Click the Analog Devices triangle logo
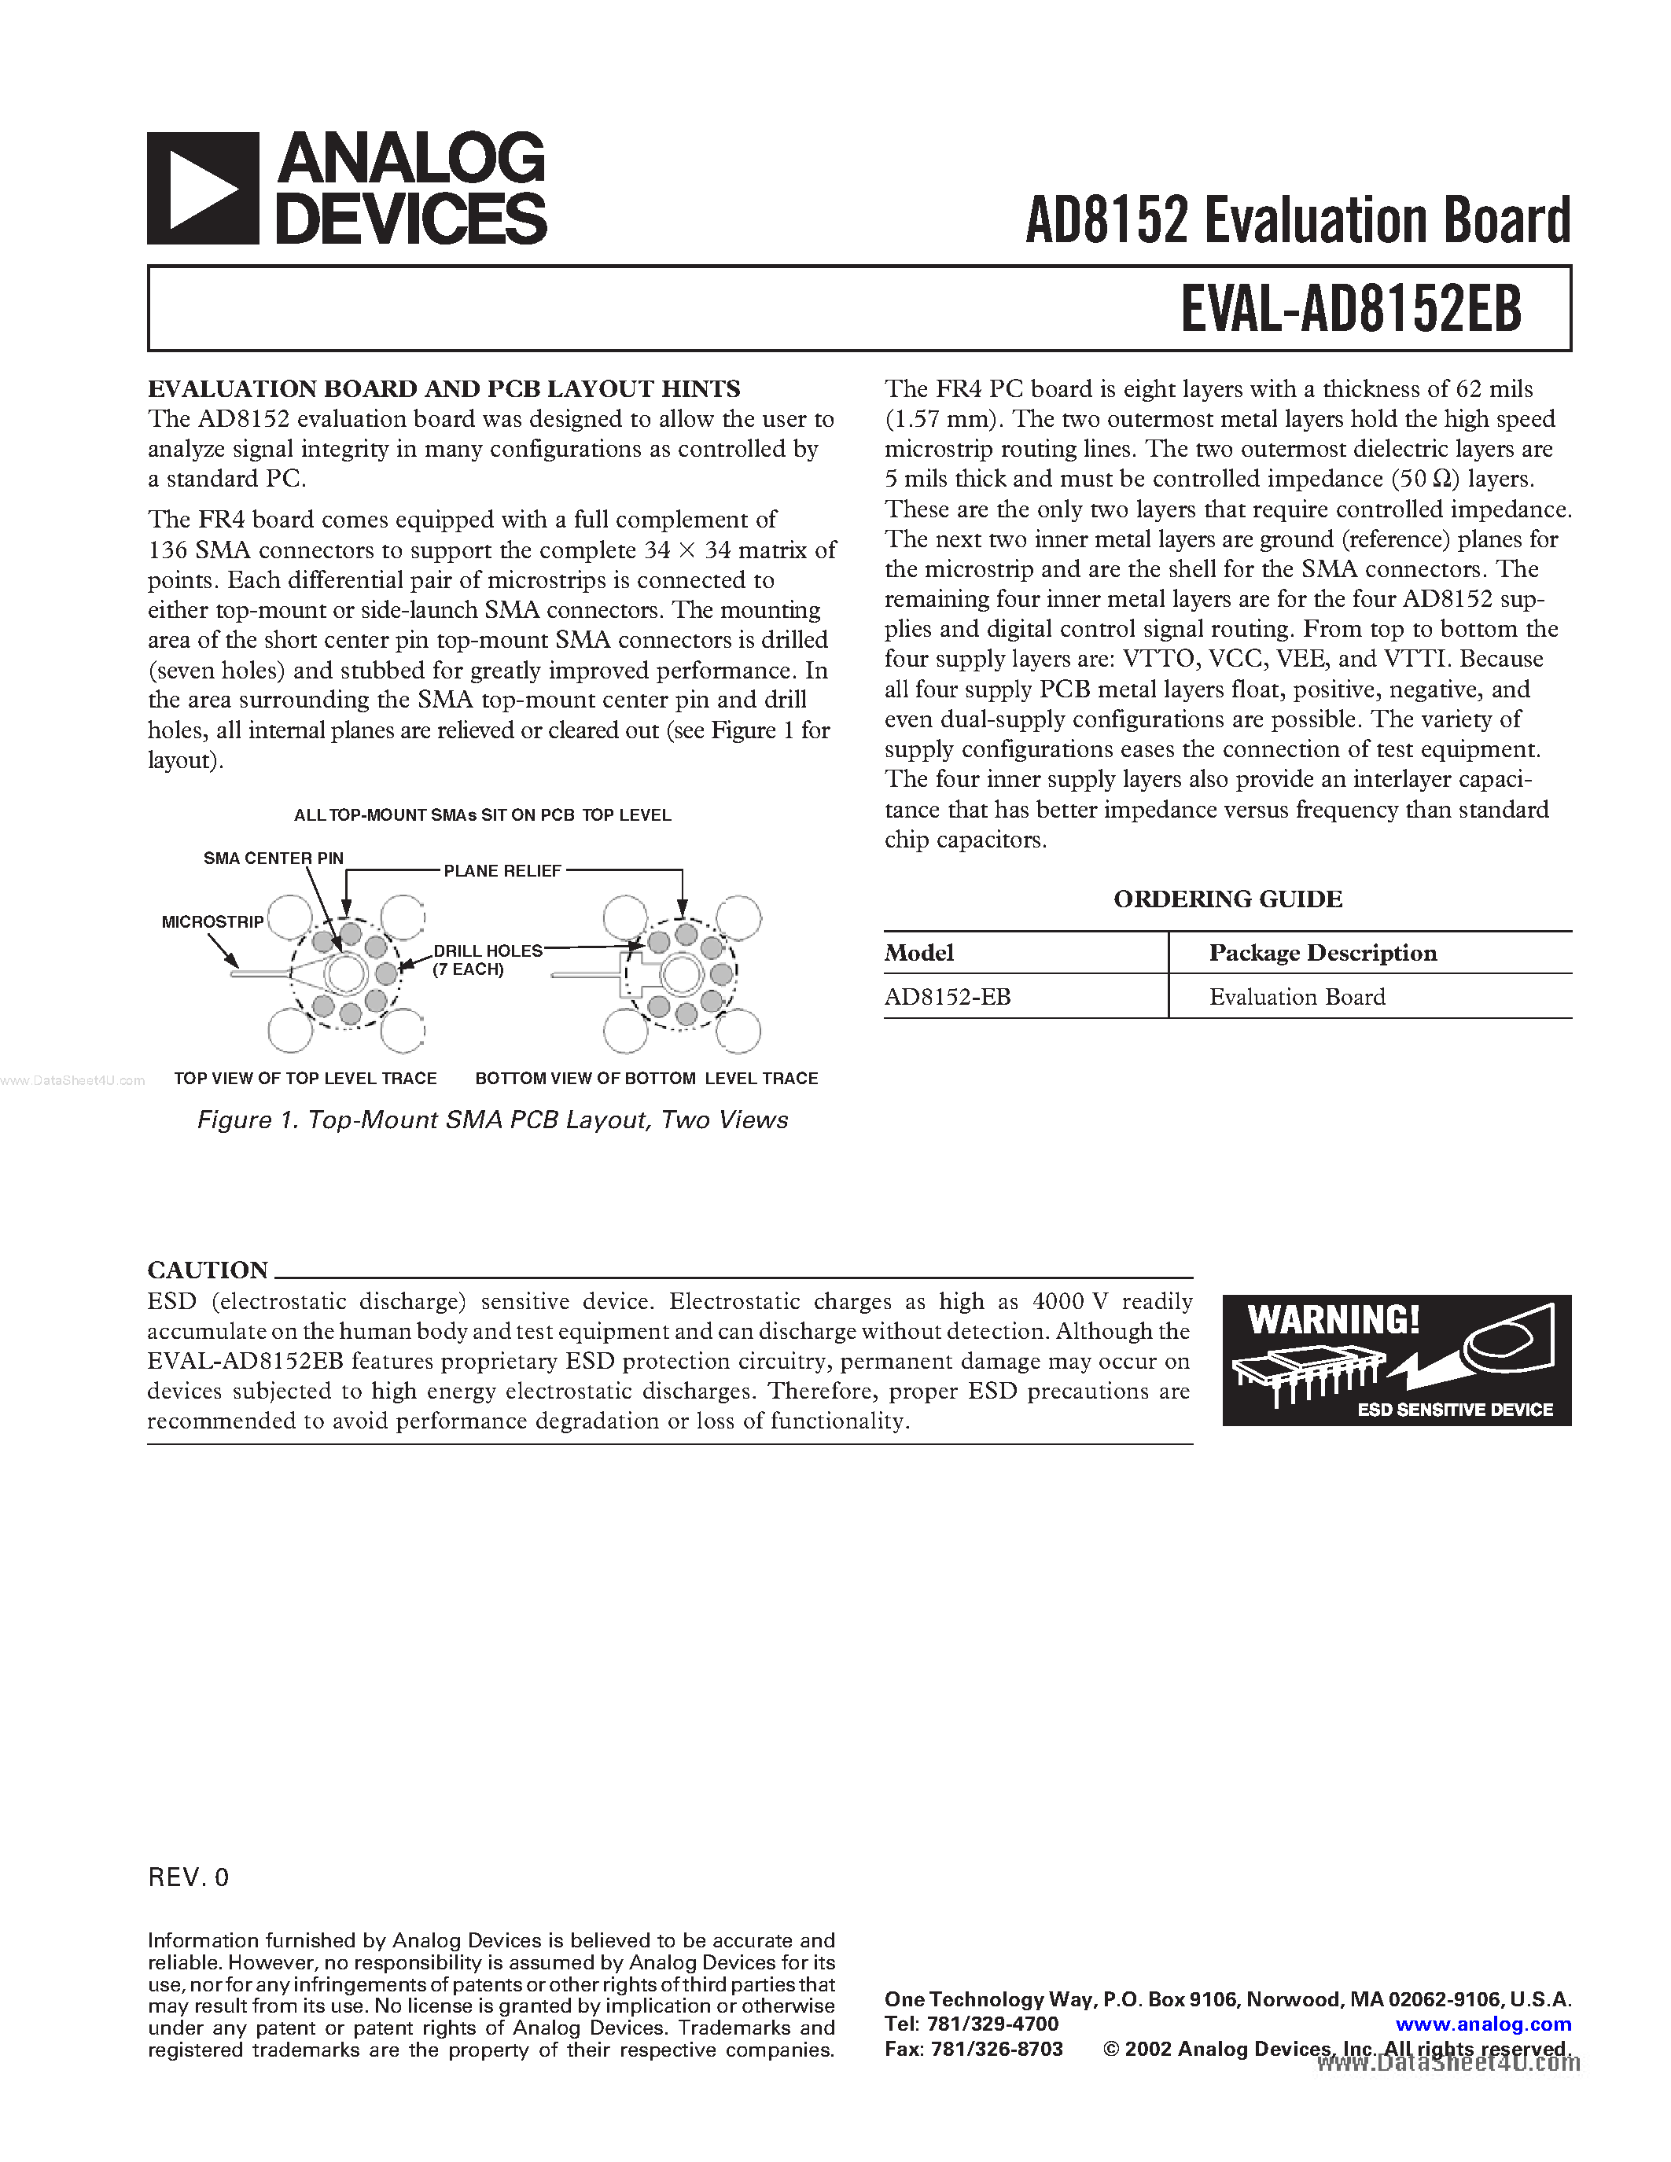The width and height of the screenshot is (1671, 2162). pos(203,188)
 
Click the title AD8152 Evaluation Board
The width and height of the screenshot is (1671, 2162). pos(1297,220)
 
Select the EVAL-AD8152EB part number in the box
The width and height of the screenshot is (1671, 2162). pos(1350,309)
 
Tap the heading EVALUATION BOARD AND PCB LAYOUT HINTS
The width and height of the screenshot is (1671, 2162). pos(444,389)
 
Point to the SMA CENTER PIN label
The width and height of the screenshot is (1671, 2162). pos(273,859)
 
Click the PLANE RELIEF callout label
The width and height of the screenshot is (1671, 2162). pos(502,871)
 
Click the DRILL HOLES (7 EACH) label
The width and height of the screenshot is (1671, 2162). pos(487,959)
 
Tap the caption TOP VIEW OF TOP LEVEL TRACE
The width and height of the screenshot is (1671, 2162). pos(305,1078)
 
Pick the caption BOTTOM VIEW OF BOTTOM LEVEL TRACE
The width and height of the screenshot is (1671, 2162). pos(646,1078)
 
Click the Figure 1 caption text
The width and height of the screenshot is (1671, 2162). pos(492,1120)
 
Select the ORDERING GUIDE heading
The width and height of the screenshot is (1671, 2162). pos(1227,899)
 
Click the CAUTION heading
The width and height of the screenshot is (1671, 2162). pos(208,1270)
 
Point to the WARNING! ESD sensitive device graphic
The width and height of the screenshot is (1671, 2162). pos(1396,1360)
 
